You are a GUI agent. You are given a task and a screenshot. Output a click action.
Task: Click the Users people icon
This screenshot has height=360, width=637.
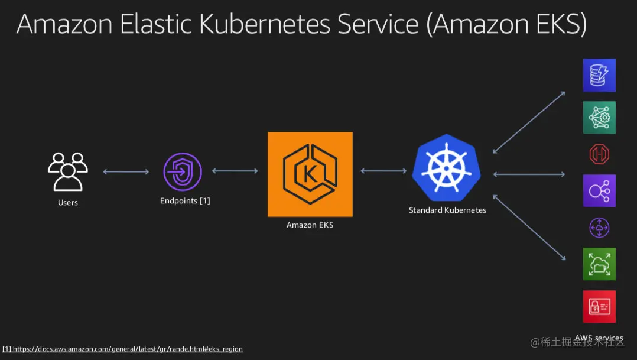(67, 171)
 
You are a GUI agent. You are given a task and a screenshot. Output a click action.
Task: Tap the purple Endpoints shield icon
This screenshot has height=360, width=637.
(183, 172)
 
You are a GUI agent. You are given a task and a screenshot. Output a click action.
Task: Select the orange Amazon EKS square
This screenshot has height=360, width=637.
(310, 174)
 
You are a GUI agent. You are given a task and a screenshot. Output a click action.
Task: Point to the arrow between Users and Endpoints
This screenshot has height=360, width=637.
(126, 172)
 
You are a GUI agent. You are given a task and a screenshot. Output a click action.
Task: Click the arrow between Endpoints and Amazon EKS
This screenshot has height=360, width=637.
(235, 171)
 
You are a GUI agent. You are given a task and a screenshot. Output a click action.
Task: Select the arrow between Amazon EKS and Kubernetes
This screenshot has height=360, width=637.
(383, 171)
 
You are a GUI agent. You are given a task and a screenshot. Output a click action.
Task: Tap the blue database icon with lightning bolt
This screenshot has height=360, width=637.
(599, 75)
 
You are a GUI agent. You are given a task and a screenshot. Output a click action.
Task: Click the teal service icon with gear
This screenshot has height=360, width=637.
(599, 117)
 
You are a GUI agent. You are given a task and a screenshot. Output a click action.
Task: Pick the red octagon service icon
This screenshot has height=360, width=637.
(599, 155)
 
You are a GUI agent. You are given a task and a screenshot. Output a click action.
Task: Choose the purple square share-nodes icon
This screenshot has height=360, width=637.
(599, 190)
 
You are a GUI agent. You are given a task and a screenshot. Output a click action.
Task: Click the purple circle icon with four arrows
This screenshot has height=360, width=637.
(599, 228)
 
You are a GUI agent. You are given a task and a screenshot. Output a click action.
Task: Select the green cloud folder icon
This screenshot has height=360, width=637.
(599, 264)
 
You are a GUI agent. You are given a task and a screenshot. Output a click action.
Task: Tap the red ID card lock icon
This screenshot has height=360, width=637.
(599, 306)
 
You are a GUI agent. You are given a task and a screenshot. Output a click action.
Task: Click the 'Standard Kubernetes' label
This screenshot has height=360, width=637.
(447, 210)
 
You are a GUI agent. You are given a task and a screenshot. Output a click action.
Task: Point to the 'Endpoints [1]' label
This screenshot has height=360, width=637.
(185, 201)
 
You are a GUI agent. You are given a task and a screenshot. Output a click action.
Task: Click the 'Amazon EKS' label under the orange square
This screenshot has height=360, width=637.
(310, 225)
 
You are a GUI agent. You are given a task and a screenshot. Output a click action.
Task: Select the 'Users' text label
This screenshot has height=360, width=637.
(68, 203)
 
